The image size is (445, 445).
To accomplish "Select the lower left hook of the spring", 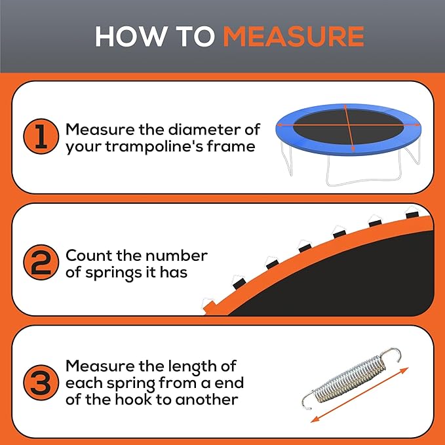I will tap(308, 401).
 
